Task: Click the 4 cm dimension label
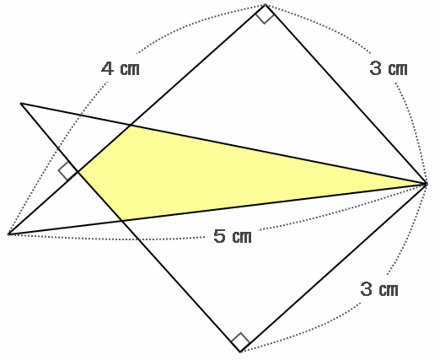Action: click(121, 69)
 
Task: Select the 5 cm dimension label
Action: click(233, 236)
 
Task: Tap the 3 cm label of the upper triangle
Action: click(389, 68)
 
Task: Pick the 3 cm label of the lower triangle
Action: click(379, 289)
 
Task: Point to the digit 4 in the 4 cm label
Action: click(107, 69)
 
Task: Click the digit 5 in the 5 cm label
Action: click(219, 236)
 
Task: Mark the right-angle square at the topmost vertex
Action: click(265, 14)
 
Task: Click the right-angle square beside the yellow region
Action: click(67, 171)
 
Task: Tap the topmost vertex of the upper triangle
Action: click(265, 4)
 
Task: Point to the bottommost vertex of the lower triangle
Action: click(240, 352)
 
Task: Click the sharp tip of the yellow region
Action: click(427, 184)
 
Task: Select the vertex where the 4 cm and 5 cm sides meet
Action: click(8, 234)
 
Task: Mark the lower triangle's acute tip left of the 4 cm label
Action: click(21, 104)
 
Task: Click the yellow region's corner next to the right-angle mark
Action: click(78, 172)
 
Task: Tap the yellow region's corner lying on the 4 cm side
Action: click(130, 126)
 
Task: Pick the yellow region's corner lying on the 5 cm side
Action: click(122, 221)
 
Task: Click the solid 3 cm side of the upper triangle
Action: click(346, 94)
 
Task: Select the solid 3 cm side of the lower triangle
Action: click(334, 268)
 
